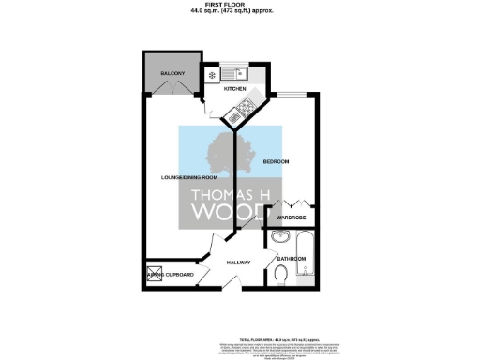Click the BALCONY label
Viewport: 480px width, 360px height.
coord(171,73)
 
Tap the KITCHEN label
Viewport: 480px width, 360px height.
coord(234,90)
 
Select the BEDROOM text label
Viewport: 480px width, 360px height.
coord(276,162)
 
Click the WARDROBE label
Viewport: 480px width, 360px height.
coord(292,217)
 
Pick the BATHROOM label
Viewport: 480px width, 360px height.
coord(292,258)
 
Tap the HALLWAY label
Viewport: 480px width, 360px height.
coord(239,262)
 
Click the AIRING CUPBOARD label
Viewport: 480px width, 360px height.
coord(174,274)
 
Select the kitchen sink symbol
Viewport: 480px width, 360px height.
coord(238,73)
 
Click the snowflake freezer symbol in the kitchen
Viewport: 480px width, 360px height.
coord(213,74)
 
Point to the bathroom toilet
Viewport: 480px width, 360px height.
coord(282,274)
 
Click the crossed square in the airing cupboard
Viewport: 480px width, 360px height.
coord(154,273)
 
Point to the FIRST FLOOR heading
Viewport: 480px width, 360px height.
coord(239,6)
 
